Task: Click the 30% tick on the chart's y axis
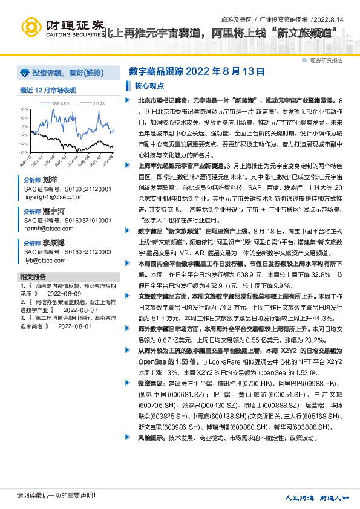point(24,109)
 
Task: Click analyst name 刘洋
point(50,180)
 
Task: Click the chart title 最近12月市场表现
point(48,90)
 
